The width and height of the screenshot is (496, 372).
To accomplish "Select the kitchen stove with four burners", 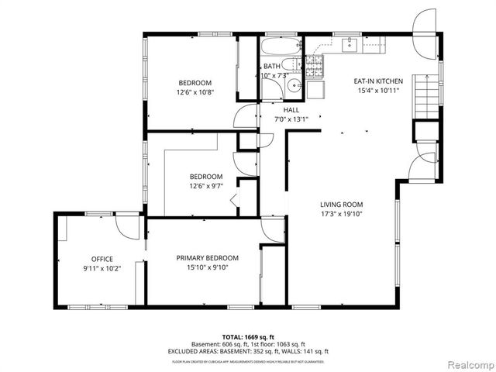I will tap(315, 66).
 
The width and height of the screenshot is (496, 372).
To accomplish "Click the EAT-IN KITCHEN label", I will tap(377, 81).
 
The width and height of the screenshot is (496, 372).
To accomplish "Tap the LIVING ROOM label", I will tap(342, 205).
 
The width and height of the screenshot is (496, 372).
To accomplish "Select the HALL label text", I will tap(291, 110).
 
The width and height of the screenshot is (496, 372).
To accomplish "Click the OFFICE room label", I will tap(102, 259).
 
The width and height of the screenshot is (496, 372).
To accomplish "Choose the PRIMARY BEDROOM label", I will tap(207, 258).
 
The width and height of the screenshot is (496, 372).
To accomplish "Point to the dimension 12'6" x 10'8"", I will tap(195, 91).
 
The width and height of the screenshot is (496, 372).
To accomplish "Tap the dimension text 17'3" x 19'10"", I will tap(342, 214).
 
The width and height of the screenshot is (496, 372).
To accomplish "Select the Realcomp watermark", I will tap(467, 363).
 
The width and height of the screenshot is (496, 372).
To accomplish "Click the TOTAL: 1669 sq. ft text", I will tap(248, 336).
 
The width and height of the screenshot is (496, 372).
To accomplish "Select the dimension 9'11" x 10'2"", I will tap(102, 268).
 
